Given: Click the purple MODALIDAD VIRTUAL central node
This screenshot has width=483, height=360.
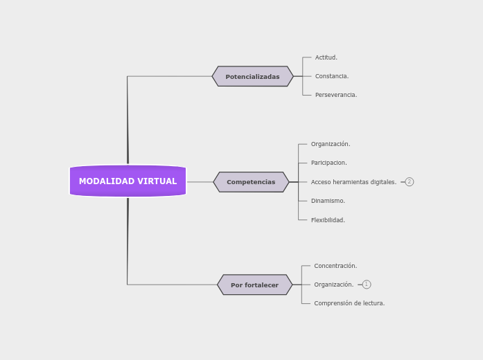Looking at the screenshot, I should [x=128, y=181].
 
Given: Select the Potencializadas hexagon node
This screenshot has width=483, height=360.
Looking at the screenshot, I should [x=252, y=77].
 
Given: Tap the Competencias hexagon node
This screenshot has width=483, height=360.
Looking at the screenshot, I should [x=251, y=182].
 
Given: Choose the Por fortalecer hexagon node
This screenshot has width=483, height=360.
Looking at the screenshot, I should [x=254, y=285].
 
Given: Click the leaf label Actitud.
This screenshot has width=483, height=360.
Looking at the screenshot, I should [x=326, y=57].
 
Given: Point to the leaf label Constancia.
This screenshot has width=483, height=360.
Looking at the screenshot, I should [x=331, y=76].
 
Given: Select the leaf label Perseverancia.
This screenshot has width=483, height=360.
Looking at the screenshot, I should [x=335, y=95].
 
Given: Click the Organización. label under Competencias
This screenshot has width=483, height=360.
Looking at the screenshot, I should [x=330, y=144].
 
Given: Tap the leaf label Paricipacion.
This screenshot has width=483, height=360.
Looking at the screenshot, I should [x=328, y=163].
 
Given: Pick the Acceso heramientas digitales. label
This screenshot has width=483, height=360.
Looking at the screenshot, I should [x=353, y=182].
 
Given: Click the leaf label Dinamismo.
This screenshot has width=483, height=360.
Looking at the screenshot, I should [x=328, y=201].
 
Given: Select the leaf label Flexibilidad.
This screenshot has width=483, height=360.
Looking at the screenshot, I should [x=328, y=220].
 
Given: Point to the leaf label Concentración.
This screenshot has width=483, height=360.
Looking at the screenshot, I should [x=335, y=266].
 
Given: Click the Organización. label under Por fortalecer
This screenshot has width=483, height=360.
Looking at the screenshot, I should [x=333, y=285].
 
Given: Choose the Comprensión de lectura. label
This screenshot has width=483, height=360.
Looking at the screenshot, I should [x=349, y=303].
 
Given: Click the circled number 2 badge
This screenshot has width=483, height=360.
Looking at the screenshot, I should [x=410, y=182].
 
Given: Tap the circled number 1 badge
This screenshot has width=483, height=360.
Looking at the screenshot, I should [x=367, y=285].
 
